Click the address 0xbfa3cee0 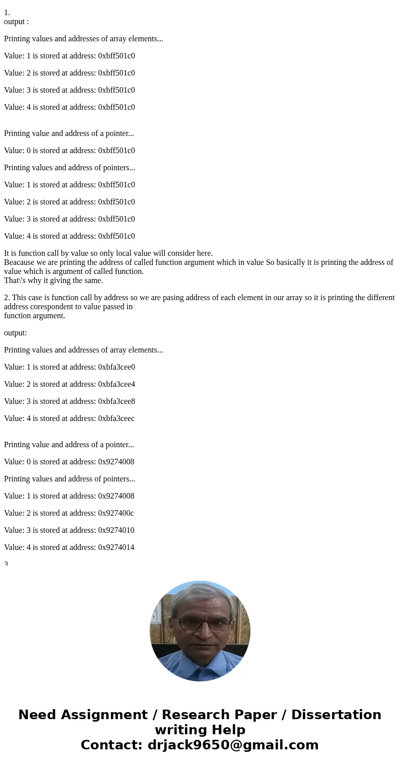click(116, 367)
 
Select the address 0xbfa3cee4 click(116, 384)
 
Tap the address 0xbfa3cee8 click(116, 401)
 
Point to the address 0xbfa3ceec click(116, 419)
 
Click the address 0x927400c click(116, 513)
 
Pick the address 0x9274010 click(116, 530)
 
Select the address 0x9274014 click(116, 547)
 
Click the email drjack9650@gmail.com click(233, 745)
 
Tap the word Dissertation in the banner click(336, 715)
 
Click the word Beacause click(20, 262)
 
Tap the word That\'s click(16, 281)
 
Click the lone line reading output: click(16, 333)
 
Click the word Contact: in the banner click(111, 745)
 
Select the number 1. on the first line click(7, 13)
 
